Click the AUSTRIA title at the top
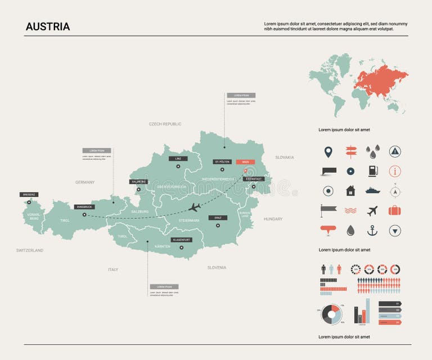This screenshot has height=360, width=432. pos(48,26)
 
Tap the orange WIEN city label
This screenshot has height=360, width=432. pos(245,161)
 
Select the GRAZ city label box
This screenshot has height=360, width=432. pos(218,218)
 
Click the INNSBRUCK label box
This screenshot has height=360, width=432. pos(84,206)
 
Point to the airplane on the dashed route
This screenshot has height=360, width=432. pos(195,207)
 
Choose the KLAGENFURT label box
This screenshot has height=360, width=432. pos(181,240)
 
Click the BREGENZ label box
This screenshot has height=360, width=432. pos(29,195)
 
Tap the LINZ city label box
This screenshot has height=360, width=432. pos(178,159)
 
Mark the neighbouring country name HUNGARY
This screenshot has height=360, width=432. pos(273,219)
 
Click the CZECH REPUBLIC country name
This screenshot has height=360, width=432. pos(165,124)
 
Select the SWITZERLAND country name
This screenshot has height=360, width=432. pos(29,250)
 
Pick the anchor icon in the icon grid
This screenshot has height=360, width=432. pos(372,230)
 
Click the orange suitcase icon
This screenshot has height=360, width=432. pos(395,210)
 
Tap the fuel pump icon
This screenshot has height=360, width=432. pos(372,171)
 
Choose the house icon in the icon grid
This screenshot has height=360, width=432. pos(350,191)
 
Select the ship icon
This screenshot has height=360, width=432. pos(372,191)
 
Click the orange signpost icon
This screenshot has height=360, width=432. pos(350,151)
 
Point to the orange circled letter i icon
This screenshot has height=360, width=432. pos(395,171)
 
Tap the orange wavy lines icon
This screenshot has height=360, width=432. pos(350,210)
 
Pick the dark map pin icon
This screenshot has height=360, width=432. pos(328,151)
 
